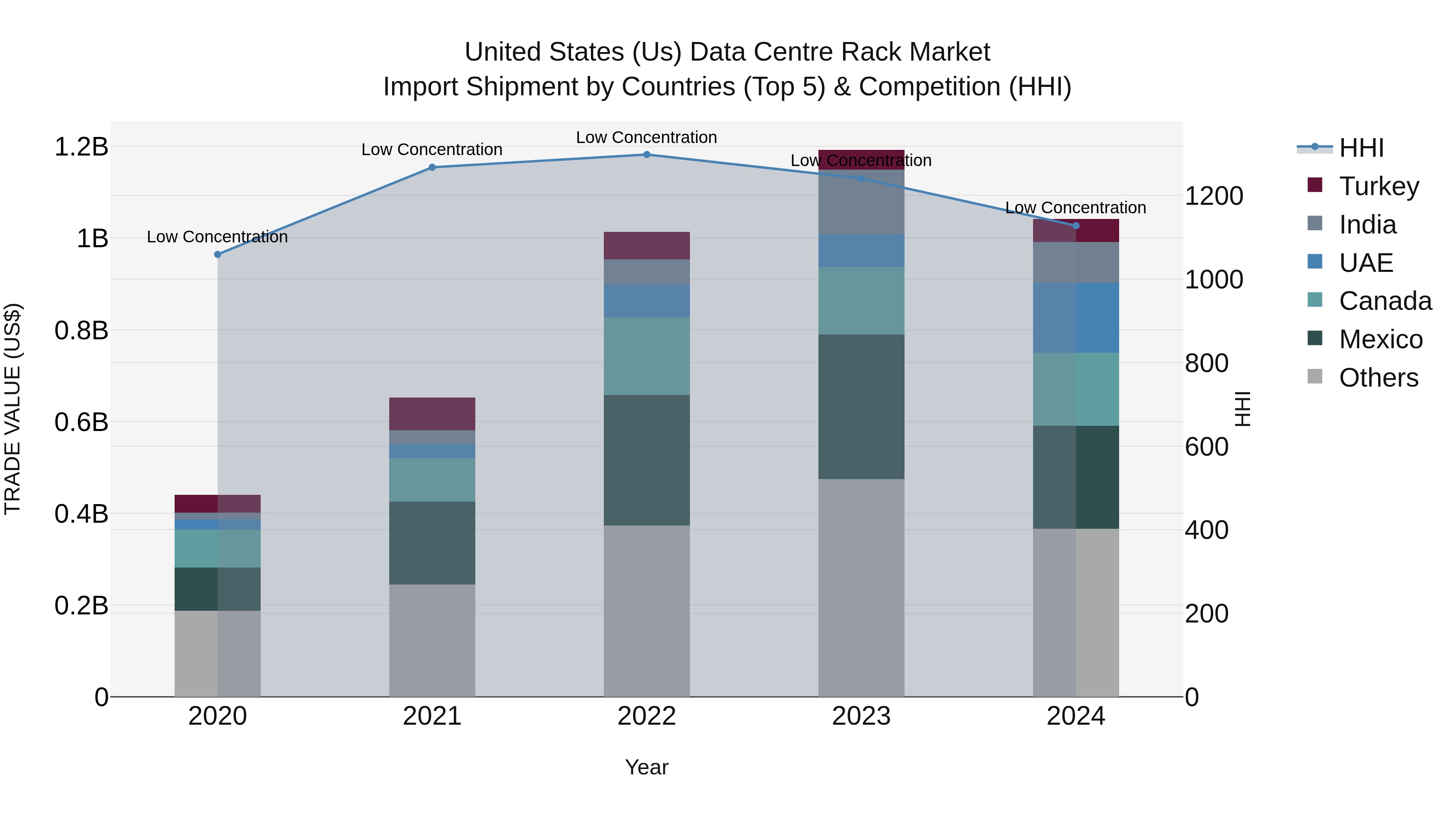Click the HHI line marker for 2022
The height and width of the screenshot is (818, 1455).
tap(647, 155)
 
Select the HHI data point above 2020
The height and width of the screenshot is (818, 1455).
tap(217, 254)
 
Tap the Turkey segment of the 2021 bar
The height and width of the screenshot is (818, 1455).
tap(432, 414)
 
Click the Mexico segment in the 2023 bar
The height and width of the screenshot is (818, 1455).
tap(861, 406)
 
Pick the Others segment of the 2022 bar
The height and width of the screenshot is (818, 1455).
tap(647, 611)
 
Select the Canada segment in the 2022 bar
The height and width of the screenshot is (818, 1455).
tap(647, 356)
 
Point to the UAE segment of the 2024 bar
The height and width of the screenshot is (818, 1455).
tap(1076, 318)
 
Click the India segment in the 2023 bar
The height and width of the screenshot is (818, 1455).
tap(861, 202)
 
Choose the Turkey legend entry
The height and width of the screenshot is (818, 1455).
tap(1379, 186)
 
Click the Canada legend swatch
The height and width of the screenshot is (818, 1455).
tap(1315, 300)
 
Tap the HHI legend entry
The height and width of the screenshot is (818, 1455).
tap(1361, 148)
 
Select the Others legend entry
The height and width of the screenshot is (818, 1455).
tap(1378, 378)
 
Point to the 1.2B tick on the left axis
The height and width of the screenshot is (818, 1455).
tap(81, 147)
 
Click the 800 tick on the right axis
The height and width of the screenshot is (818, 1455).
tap(1206, 363)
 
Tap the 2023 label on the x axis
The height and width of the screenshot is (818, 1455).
tap(861, 716)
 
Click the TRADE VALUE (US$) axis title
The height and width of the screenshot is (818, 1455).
tap(13, 409)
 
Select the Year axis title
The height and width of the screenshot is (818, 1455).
tap(647, 767)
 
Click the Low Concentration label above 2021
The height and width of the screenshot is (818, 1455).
tap(432, 149)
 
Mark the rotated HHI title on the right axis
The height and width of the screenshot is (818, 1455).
tap(1243, 409)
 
